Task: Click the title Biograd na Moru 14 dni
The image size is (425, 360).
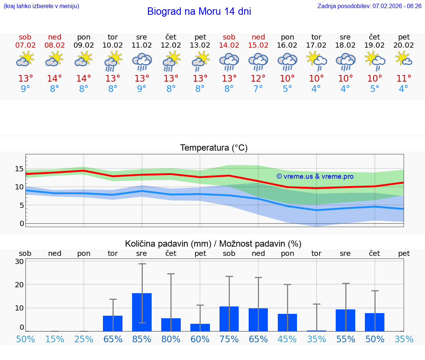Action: [x=199, y=11]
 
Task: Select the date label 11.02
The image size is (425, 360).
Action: [x=142, y=45]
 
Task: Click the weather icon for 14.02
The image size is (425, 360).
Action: [x=229, y=62]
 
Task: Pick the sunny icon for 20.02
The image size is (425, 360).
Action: [x=404, y=59]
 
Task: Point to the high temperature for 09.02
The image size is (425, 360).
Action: [x=84, y=79]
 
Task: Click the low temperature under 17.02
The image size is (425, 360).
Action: [x=316, y=89]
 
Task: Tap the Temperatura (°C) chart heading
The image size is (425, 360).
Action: [x=214, y=148]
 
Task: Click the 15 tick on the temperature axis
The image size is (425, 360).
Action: [x=19, y=169]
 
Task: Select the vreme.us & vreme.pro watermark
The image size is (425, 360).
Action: [x=315, y=176]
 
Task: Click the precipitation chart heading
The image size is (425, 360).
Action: [x=213, y=244]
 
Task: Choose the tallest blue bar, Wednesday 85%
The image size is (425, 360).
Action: [x=142, y=312]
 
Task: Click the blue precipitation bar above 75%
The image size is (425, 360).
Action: [x=229, y=319]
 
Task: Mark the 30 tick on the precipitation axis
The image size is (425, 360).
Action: [x=19, y=261]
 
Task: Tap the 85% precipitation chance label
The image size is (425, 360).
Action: [x=142, y=339]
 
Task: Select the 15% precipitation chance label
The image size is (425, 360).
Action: [x=55, y=339]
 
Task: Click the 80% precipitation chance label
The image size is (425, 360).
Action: [x=171, y=339]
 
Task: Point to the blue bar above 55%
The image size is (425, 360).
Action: [x=345, y=320]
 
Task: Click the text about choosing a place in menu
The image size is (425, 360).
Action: [x=41, y=6]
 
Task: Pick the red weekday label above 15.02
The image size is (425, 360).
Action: [x=258, y=37]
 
